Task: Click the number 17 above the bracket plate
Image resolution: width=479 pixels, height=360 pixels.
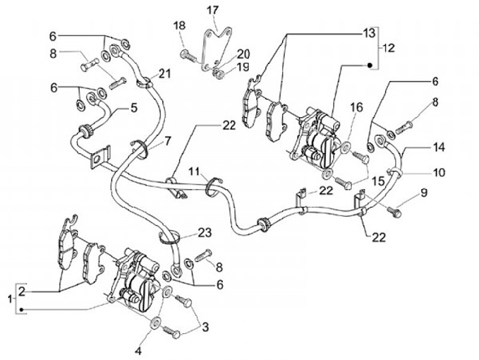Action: (x=213, y=10)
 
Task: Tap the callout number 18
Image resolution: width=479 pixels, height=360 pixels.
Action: (x=180, y=25)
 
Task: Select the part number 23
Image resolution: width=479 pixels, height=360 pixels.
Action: (x=205, y=233)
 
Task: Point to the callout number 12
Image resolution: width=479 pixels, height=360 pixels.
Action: (x=388, y=48)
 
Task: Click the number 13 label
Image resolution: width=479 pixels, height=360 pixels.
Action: (x=369, y=33)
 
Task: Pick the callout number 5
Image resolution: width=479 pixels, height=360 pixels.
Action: (x=134, y=108)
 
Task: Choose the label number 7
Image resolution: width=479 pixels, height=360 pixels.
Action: (x=168, y=141)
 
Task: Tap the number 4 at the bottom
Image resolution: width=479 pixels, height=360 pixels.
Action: (x=138, y=351)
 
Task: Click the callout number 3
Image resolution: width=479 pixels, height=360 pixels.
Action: (x=206, y=327)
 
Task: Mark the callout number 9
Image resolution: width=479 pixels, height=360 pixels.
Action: (x=424, y=193)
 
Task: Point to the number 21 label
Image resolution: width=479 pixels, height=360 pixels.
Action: (x=165, y=74)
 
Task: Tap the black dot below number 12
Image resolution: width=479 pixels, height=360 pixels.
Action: (x=369, y=65)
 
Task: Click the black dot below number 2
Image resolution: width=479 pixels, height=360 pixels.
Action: (x=21, y=310)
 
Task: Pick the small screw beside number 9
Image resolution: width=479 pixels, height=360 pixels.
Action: (x=394, y=212)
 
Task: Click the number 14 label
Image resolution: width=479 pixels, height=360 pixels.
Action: (x=438, y=147)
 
